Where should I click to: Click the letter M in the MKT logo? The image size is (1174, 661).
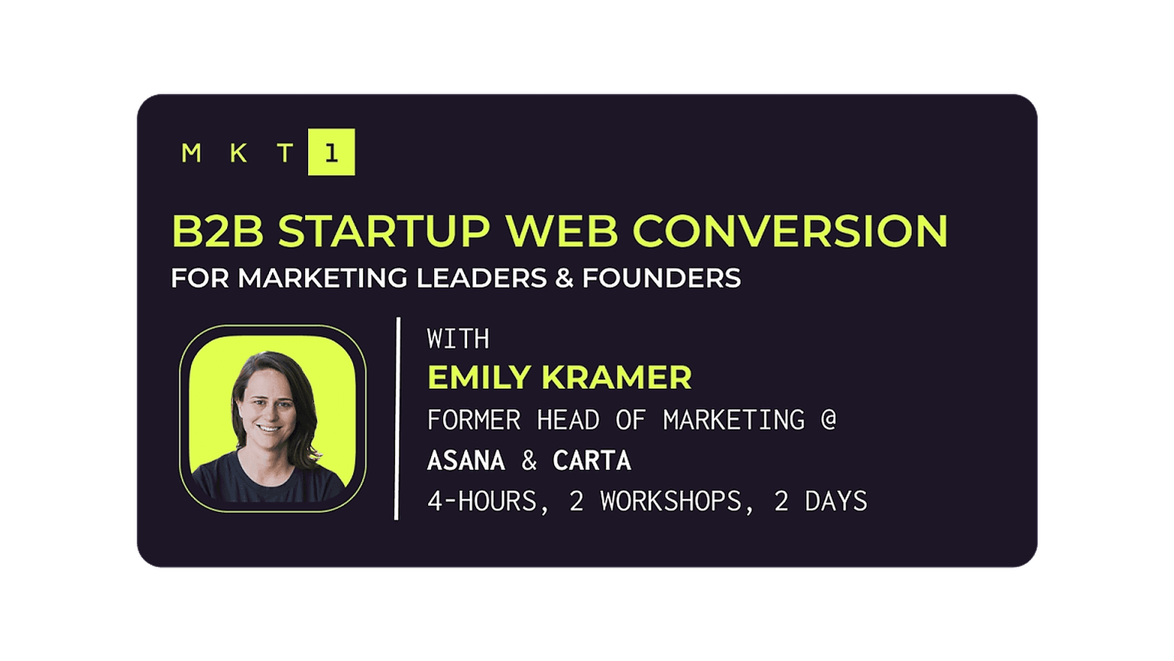pyautogui.click(x=191, y=153)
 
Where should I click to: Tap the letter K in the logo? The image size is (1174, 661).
pyautogui.click(x=238, y=153)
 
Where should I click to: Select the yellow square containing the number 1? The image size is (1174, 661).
pyautogui.click(x=331, y=152)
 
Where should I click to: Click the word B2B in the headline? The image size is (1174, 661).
pyautogui.click(x=218, y=231)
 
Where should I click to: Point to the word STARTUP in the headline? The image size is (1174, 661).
pyautogui.click(x=384, y=231)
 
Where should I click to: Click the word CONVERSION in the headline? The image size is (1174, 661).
pyautogui.click(x=790, y=231)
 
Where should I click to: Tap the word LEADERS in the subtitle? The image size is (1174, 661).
pyautogui.click(x=482, y=278)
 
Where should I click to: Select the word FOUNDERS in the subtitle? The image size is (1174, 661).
pyautogui.click(x=661, y=278)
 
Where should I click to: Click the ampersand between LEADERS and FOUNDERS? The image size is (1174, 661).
pyautogui.click(x=565, y=278)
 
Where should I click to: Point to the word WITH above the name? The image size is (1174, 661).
pyautogui.click(x=458, y=339)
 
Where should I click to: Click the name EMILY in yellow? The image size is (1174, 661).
pyautogui.click(x=479, y=377)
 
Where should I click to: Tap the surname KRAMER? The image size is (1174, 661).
pyautogui.click(x=617, y=377)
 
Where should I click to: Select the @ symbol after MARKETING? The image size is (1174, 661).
pyautogui.click(x=829, y=420)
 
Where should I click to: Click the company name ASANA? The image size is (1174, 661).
pyautogui.click(x=466, y=461)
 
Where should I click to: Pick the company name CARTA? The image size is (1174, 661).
pyautogui.click(x=592, y=461)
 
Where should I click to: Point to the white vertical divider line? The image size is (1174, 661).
pyautogui.click(x=397, y=418)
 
